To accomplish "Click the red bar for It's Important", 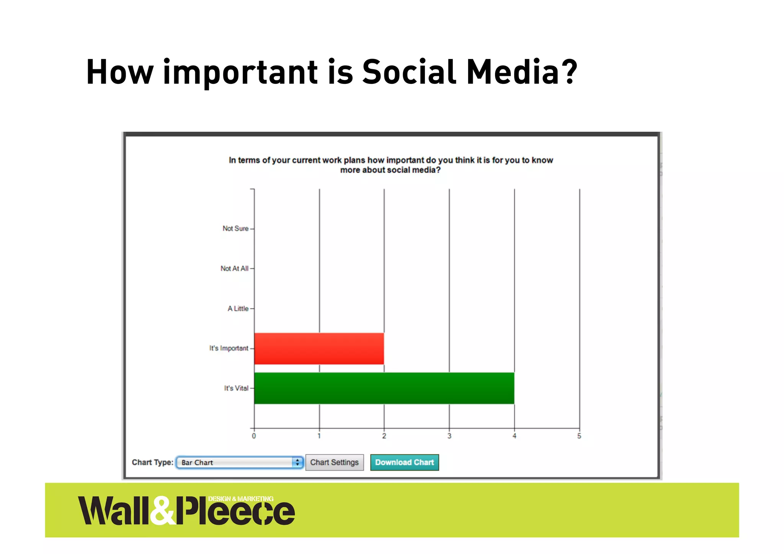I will pyautogui.click(x=319, y=348).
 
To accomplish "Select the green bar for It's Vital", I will pyautogui.click(x=384, y=388).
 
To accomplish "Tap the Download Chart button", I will pyautogui.click(x=404, y=462).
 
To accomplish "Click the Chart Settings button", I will pyautogui.click(x=334, y=462).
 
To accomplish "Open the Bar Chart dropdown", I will pyautogui.click(x=240, y=462).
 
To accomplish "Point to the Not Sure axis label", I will pyautogui.click(x=235, y=229).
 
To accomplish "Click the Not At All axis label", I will pyautogui.click(x=234, y=269).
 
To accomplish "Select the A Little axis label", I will pyautogui.click(x=238, y=309).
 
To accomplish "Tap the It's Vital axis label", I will pyautogui.click(x=236, y=388).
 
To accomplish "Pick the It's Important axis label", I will pyautogui.click(x=229, y=348).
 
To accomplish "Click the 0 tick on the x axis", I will pyautogui.click(x=254, y=436).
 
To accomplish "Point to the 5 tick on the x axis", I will pyautogui.click(x=579, y=436).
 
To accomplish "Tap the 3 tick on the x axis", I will pyautogui.click(x=449, y=436).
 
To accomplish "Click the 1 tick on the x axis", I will pyautogui.click(x=319, y=436).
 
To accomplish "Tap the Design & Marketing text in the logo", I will pyautogui.click(x=241, y=499).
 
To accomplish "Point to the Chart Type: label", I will pyautogui.click(x=152, y=462).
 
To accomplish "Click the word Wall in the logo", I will pyautogui.click(x=113, y=511).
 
